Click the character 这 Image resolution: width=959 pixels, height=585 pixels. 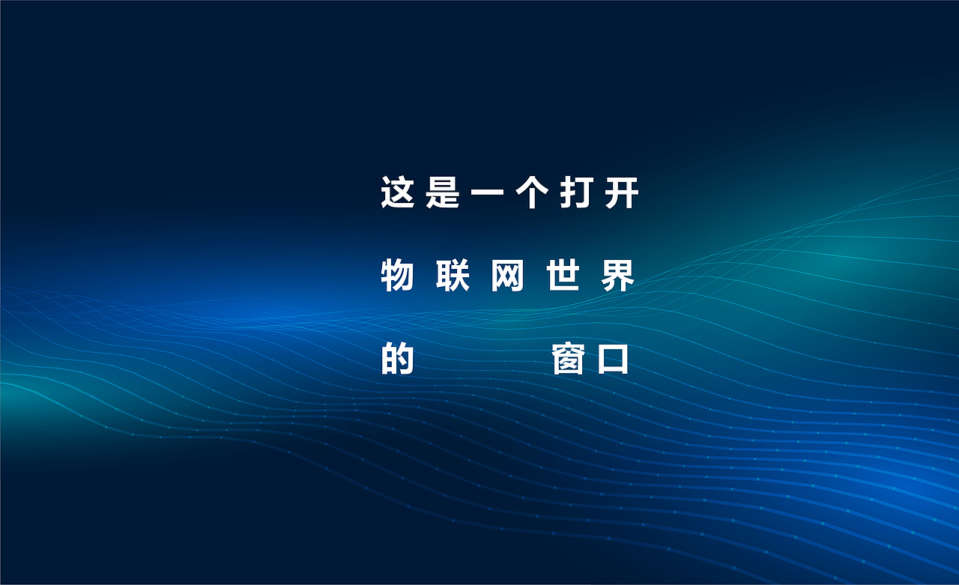(398, 193)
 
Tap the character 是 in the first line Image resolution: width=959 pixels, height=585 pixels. (442, 193)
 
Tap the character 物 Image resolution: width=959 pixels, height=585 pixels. (398, 276)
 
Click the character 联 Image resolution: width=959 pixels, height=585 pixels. (453, 276)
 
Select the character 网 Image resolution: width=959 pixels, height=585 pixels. (508, 276)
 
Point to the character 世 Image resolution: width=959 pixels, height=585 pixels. (563, 276)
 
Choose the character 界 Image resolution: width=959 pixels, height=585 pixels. (618, 276)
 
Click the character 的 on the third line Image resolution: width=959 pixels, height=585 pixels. (398, 359)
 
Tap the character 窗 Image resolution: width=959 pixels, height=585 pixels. (569, 359)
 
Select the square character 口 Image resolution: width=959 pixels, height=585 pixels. (613, 360)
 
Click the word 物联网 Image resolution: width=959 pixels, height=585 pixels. (453, 276)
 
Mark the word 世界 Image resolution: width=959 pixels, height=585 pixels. (591, 276)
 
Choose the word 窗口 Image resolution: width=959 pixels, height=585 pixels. (591, 359)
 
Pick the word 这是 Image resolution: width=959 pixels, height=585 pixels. (420, 193)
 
